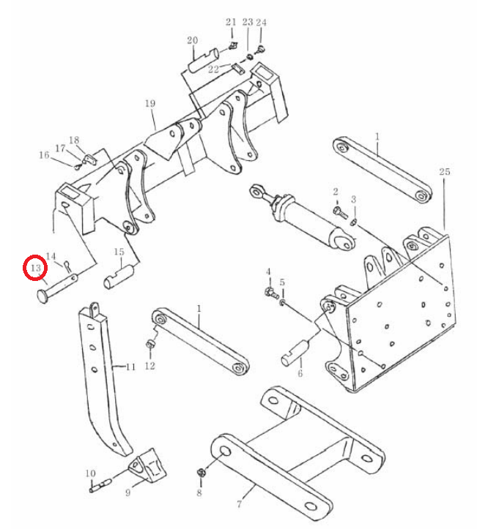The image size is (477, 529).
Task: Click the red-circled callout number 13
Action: tap(35, 269)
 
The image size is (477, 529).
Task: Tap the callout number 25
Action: tap(445, 171)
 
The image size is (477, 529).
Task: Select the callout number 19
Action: tap(150, 103)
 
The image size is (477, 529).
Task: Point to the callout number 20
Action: tap(192, 40)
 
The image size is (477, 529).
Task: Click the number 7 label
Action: tap(239, 504)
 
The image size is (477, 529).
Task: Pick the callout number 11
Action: tap(130, 367)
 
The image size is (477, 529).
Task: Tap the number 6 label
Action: tap(300, 373)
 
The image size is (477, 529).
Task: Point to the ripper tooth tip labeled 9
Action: tap(147, 467)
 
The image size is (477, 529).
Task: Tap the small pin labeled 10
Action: tap(100, 485)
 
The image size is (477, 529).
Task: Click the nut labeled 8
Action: tap(200, 473)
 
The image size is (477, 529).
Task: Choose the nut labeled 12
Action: tap(149, 345)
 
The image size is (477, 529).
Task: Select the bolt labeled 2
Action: tap(339, 212)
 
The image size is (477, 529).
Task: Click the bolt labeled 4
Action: tap(271, 293)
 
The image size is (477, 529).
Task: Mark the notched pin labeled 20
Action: tap(204, 59)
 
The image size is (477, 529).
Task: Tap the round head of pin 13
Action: tap(43, 297)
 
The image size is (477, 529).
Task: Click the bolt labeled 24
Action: tap(260, 49)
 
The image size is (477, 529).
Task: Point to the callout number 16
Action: tap(44, 155)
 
